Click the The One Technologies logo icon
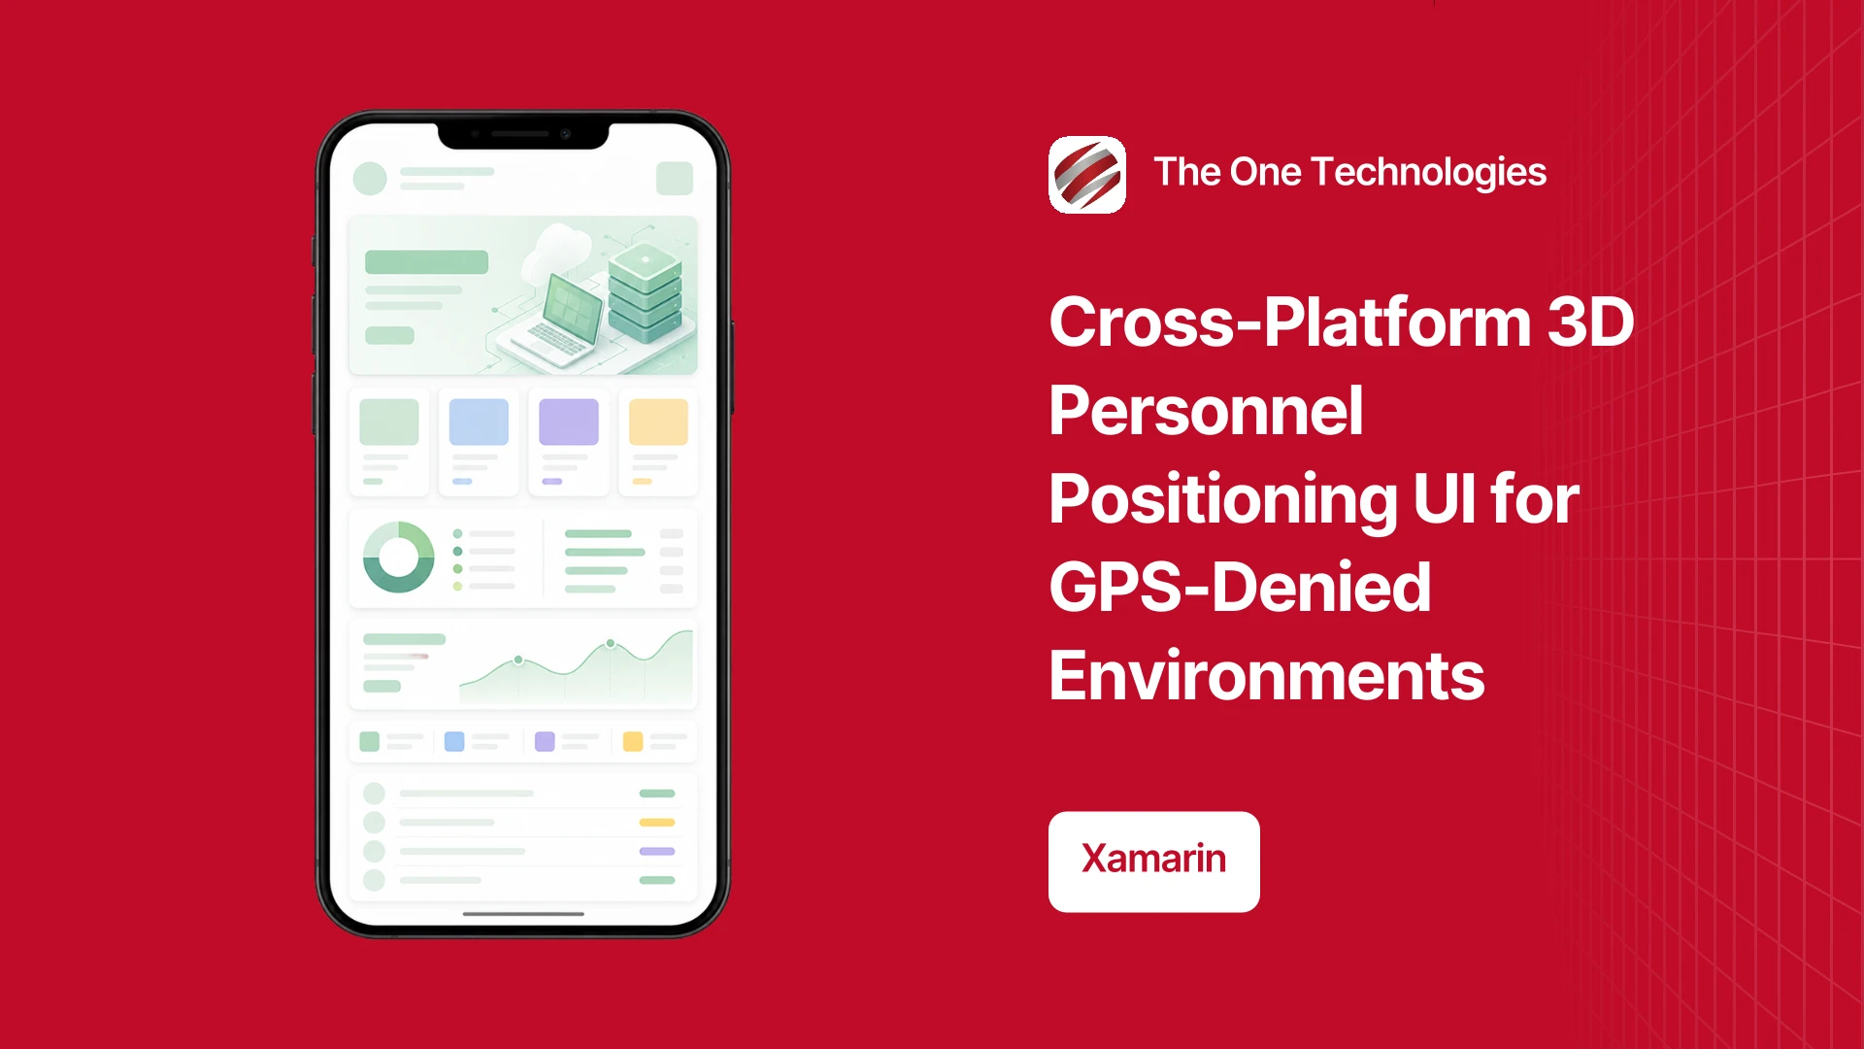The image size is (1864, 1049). [x=1087, y=175]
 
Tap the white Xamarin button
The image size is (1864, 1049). [x=1154, y=862]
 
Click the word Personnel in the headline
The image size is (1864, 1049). [x=1206, y=411]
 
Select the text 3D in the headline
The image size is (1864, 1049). [x=1590, y=321]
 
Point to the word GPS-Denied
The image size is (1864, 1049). [x=1240, y=588]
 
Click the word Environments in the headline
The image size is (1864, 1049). [x=1267, y=676]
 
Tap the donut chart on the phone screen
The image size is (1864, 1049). [x=398, y=557]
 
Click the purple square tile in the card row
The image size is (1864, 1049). [x=569, y=422]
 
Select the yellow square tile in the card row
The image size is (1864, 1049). [x=658, y=422]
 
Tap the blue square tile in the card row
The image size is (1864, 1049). [x=479, y=422]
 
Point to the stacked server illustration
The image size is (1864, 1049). [x=645, y=292]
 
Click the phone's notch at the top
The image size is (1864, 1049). [x=523, y=135]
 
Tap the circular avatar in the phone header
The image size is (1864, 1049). [x=370, y=179]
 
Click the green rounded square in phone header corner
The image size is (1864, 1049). [x=675, y=179]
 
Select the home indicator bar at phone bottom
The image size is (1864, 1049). [x=523, y=914]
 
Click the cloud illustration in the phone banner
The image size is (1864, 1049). [x=557, y=250]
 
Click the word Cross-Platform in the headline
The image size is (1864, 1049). [x=1290, y=321]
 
